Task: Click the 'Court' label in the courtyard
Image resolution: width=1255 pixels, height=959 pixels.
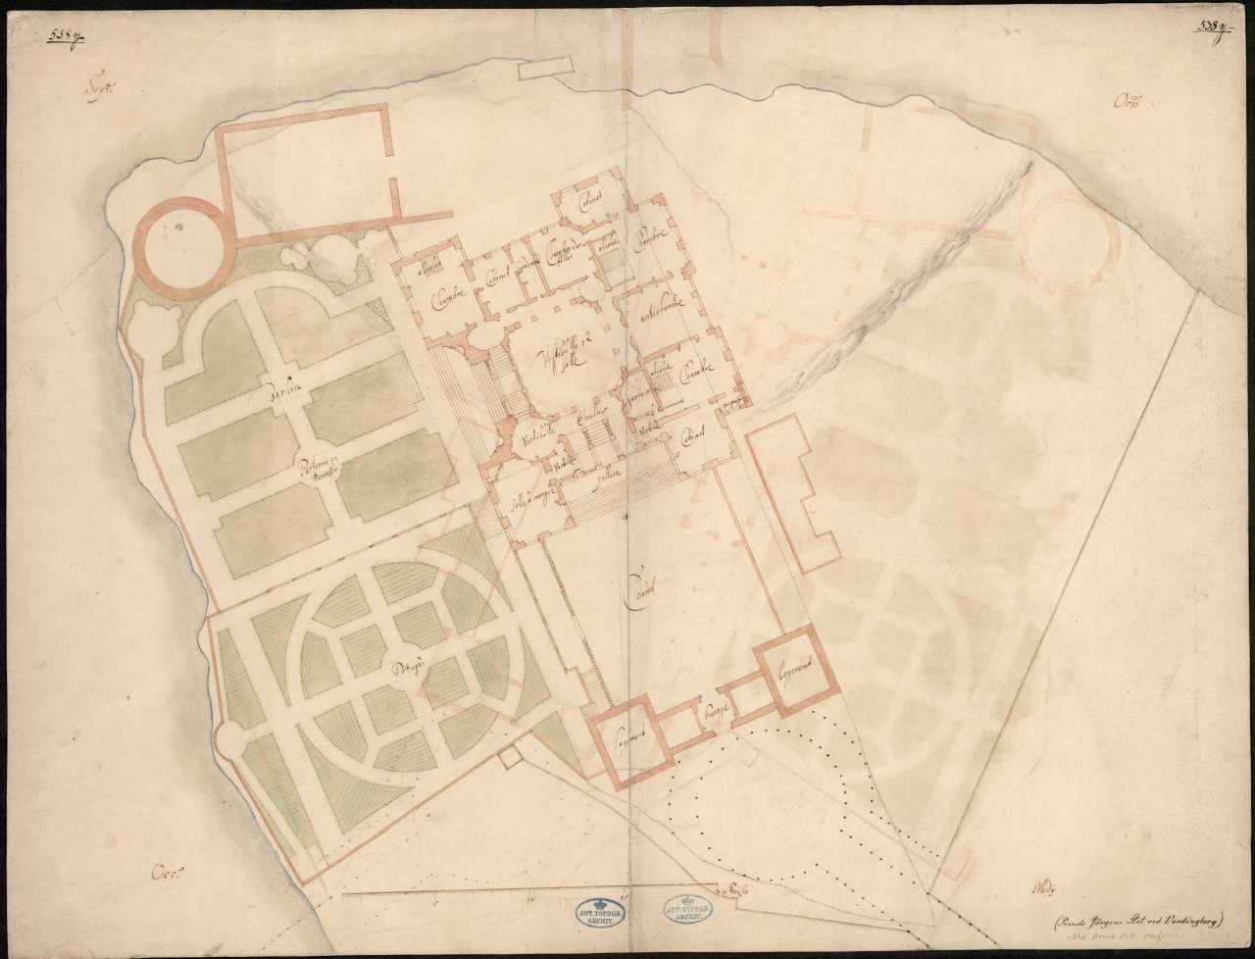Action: [x=642, y=584]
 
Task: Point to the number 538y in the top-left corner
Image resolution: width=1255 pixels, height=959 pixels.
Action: [x=66, y=37]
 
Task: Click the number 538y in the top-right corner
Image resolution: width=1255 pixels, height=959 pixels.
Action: [x=1211, y=27]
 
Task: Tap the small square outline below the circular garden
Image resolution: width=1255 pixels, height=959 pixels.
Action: [x=508, y=758]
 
